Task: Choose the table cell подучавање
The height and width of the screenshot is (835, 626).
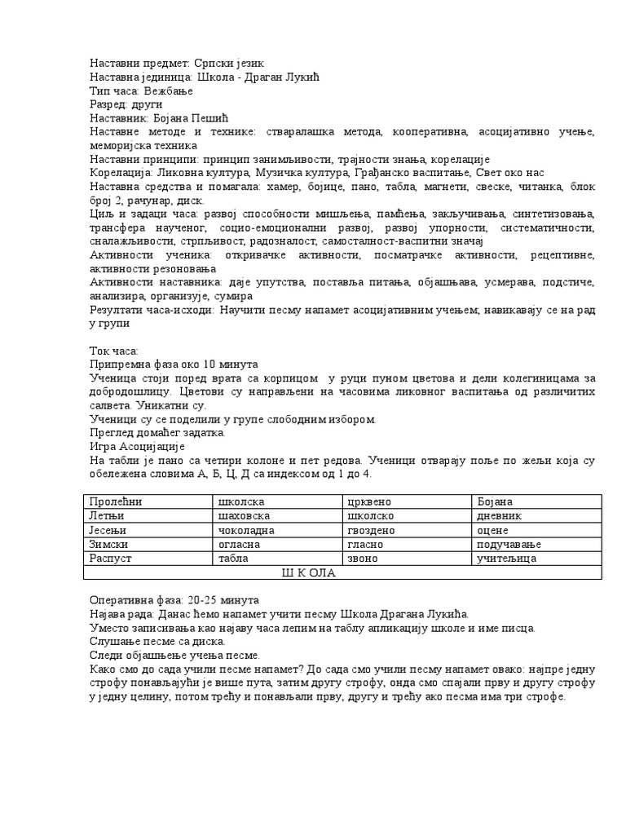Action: pyautogui.click(x=509, y=545)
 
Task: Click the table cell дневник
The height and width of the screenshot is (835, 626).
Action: pyautogui.click(x=499, y=516)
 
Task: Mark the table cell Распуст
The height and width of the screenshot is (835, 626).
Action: pyautogui.click(x=110, y=559)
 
